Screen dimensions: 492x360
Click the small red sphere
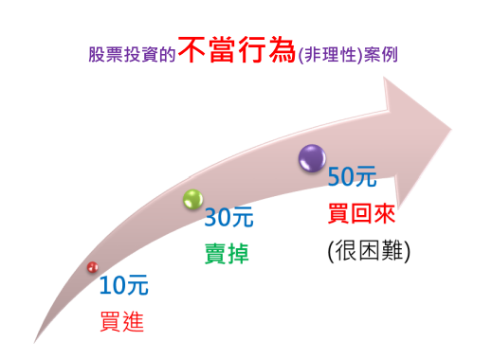[x=92, y=268]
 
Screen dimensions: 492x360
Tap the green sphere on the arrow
[x=192, y=199]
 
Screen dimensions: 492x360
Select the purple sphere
[x=311, y=157]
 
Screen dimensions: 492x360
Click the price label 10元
[x=123, y=284]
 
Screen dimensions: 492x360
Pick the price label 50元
[x=352, y=176]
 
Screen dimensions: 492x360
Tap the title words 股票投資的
[x=133, y=54]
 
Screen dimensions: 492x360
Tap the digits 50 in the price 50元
[x=340, y=176]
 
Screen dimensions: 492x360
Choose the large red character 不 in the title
[x=192, y=51]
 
